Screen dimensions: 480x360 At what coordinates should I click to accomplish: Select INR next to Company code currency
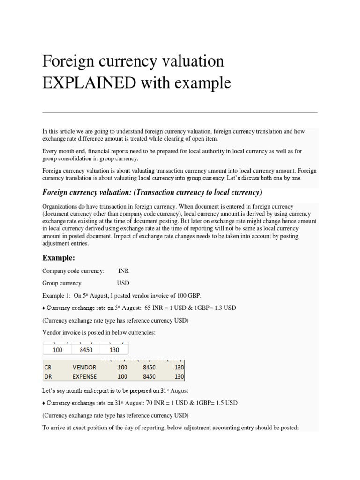click(x=124, y=271)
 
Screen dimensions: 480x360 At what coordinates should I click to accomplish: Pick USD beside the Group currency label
click(x=123, y=283)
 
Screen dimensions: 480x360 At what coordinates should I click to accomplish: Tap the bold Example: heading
click(x=59, y=258)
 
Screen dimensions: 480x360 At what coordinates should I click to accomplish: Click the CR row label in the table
click(x=47, y=367)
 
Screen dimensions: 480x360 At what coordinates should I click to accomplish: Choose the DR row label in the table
click(x=47, y=376)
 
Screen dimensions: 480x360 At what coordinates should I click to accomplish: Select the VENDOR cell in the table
click(x=84, y=367)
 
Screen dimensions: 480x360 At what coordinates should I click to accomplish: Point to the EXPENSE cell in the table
click(x=85, y=376)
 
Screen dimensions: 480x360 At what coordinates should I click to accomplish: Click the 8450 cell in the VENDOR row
click(x=149, y=367)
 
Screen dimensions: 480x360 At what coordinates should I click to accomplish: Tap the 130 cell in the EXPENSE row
click(x=179, y=376)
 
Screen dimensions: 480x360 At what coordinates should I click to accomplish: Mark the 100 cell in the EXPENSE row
click(x=122, y=376)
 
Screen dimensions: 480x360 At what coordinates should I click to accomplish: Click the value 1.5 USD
click(x=227, y=403)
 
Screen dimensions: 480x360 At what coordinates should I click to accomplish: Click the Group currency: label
click(x=62, y=283)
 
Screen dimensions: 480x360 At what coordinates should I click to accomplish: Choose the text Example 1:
click(x=56, y=295)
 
